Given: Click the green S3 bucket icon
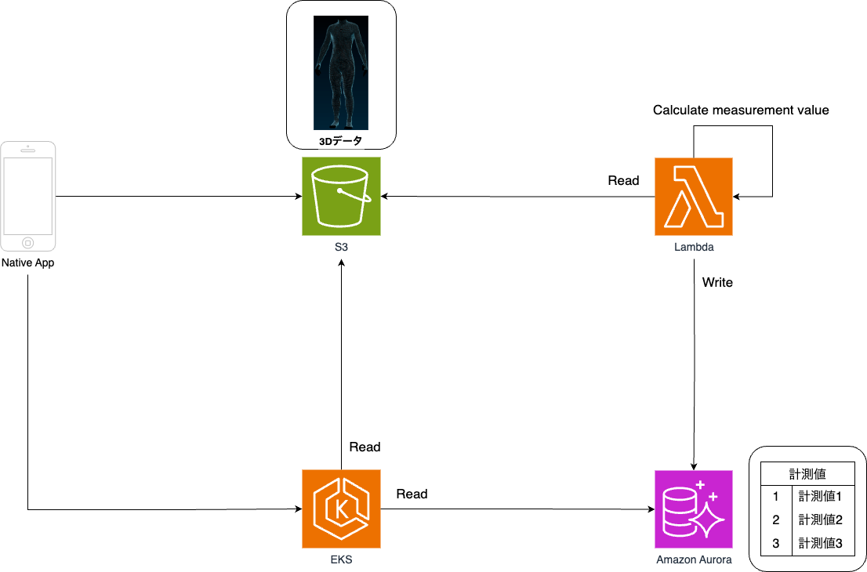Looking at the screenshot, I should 341,196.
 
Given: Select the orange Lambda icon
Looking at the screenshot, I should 694,196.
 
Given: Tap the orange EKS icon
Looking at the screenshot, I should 341,509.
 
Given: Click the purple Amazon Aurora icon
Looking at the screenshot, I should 694,509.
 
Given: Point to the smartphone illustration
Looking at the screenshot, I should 28,196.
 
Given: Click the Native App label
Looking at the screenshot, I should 28,263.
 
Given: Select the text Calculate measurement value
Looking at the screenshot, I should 741,110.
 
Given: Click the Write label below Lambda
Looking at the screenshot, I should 717,282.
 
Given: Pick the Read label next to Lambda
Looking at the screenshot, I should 623,181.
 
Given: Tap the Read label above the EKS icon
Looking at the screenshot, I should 365,447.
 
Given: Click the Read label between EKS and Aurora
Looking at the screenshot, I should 412,494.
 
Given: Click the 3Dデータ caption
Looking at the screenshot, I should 341,142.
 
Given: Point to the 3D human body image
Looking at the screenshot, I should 341,72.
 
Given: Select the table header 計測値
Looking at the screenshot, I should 807,474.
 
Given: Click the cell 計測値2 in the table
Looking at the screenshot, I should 820,520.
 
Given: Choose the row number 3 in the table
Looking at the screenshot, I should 776,542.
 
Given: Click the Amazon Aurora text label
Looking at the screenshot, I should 694,559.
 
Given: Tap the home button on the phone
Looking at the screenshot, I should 28,242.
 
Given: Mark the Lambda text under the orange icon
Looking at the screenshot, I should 694,248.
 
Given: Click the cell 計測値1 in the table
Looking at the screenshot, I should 820,497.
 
